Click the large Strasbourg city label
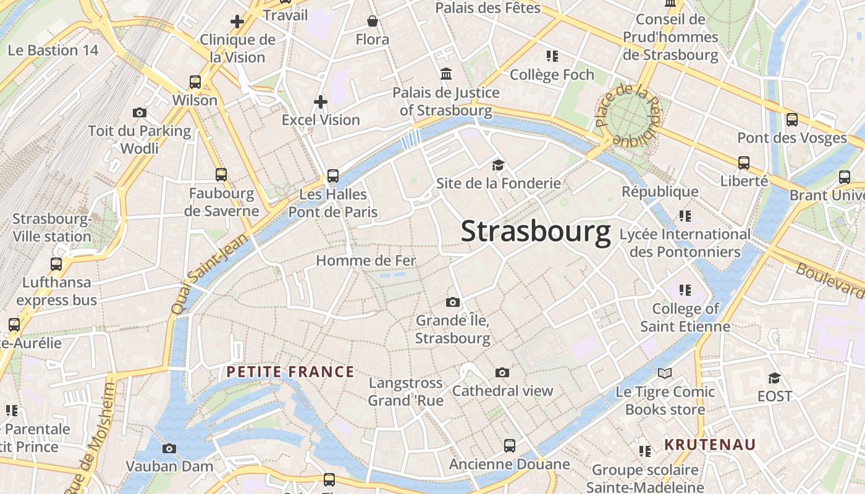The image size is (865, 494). pos(536,232)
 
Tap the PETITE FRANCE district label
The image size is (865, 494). pos(290,372)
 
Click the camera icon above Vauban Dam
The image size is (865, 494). pos(169,448)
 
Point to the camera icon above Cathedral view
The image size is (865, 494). pos(502,372)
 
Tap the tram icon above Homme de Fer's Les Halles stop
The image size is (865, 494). pos(333,176)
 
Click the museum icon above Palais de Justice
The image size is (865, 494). pos(445,74)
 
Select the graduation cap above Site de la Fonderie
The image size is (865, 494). pos(498,165)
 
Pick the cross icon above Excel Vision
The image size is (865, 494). pos(321,101)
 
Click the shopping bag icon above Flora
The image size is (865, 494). pos(373,22)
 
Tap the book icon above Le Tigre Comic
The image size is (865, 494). pos(665,373)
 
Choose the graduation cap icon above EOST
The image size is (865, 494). pos(774,377)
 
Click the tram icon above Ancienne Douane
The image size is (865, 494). pos(509,445)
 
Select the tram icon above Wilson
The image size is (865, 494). pos(195,82)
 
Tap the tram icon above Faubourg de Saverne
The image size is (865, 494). pos(221,175)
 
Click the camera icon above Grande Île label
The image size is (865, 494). pos(453,302)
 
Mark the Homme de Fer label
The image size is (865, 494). pos(366,261)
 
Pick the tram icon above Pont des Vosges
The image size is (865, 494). pos(792,119)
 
